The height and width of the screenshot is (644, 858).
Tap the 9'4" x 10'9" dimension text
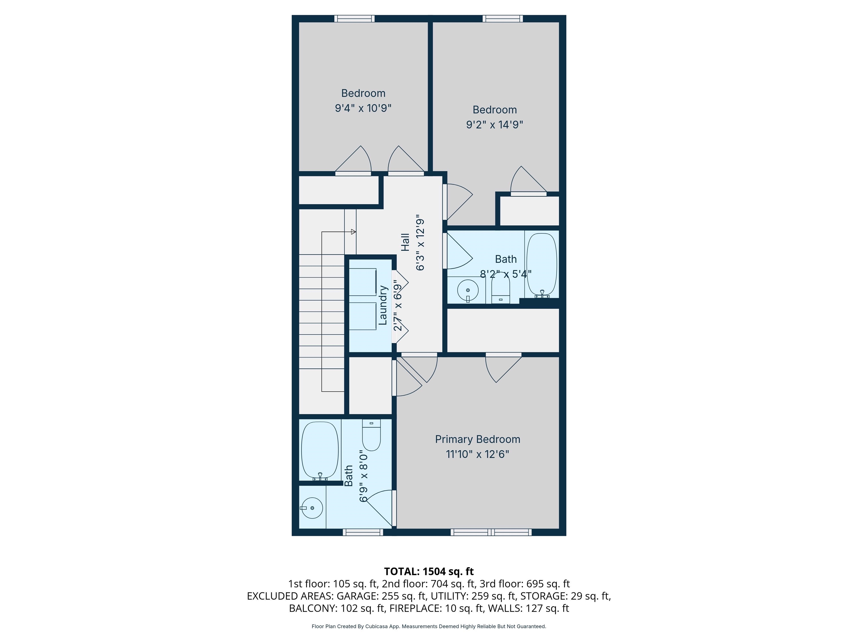363,108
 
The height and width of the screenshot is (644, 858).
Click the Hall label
405,242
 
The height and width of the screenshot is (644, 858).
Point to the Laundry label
383,305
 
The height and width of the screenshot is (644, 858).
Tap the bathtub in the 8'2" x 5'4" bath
542,264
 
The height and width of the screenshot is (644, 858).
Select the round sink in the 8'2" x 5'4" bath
468,290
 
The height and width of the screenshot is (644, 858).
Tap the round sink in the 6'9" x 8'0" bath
312,508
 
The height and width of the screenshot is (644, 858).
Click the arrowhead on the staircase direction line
353,232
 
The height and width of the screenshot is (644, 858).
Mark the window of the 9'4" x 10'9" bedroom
354,18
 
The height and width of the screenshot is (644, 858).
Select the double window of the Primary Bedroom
491,532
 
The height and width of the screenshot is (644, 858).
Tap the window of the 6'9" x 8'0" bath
363,532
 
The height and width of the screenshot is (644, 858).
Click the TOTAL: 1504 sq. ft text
429,571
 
